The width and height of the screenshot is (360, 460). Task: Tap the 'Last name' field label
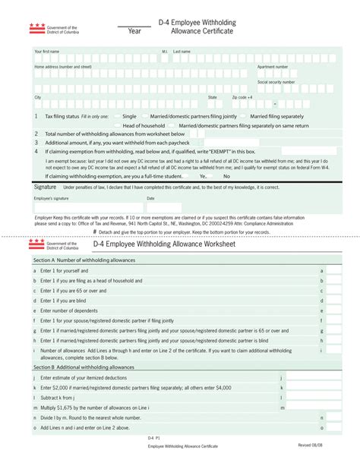coord(182,52)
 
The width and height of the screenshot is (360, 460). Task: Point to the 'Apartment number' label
coord(272,67)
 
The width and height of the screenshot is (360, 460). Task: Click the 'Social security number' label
coord(276,81)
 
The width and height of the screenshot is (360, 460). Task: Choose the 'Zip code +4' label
coord(243,97)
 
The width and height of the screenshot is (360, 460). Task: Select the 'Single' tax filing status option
coord(130,116)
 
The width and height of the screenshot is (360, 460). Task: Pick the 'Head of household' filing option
coord(144,125)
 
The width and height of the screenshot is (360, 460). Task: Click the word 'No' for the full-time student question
coord(226,176)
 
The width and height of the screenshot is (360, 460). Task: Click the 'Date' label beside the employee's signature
coord(150,198)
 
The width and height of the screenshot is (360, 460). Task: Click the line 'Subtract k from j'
coord(58,398)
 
